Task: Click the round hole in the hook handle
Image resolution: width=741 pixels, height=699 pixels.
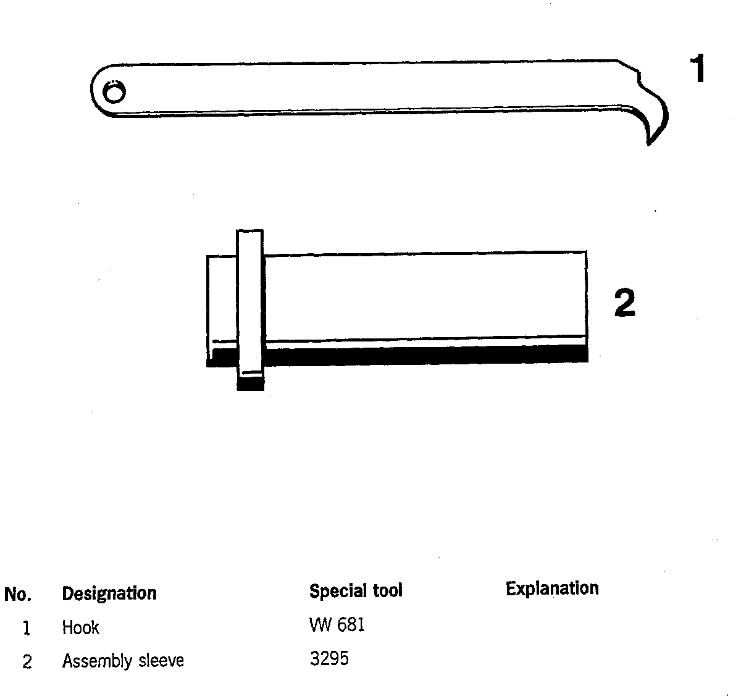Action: (x=114, y=93)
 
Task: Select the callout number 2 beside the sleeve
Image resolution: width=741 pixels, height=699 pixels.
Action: (x=624, y=303)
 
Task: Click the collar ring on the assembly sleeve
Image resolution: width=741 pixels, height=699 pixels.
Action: (x=250, y=303)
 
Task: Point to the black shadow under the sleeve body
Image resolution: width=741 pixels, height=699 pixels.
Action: (x=420, y=354)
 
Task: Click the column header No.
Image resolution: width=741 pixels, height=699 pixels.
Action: (x=17, y=595)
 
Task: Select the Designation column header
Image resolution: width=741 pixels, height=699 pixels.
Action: (x=109, y=593)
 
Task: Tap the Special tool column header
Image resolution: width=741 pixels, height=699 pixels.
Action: (x=356, y=591)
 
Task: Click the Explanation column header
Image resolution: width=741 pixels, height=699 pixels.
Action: (x=552, y=588)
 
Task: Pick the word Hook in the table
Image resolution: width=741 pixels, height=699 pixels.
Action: (x=81, y=628)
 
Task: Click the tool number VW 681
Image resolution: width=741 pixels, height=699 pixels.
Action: (x=337, y=625)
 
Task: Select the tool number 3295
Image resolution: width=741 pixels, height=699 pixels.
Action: (x=329, y=659)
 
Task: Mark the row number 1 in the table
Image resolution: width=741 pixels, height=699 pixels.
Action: (x=26, y=629)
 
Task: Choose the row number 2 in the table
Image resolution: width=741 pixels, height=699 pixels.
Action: (x=27, y=662)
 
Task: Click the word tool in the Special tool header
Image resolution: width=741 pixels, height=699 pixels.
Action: (x=387, y=591)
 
